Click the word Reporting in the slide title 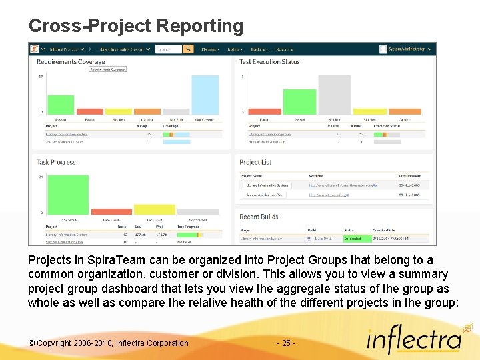[x=200, y=26]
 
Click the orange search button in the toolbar [x=188, y=49]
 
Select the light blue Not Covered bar [x=205, y=94]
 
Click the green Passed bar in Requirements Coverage [x=61, y=105]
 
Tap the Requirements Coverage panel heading [x=71, y=62]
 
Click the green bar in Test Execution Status [x=299, y=102]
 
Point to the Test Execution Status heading [x=269, y=62]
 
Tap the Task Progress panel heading [x=56, y=162]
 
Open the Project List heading [x=255, y=162]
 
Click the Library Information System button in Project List [x=266, y=185]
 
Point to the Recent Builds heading [x=259, y=217]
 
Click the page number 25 [x=285, y=343]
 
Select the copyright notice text [x=109, y=343]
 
